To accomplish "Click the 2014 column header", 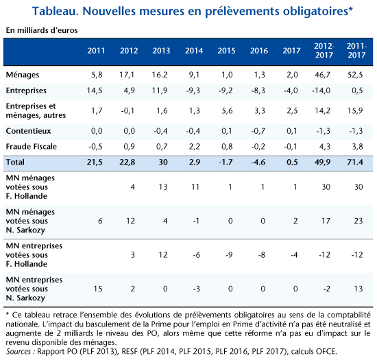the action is coord(194,51).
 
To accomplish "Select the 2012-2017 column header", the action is coord(324,51).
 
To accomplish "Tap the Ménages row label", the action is coord(23,75).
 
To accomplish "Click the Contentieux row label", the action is coord(28,131).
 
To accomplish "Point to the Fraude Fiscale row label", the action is coord(32,147).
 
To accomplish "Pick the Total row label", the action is coord(15,162).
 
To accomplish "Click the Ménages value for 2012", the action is coord(127,75).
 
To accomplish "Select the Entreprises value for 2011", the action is coord(95,91).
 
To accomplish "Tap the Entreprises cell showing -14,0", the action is coord(321,91).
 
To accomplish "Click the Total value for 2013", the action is coord(163,162).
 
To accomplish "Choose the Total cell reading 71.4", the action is coord(355,162).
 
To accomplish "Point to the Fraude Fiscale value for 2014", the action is coord(194,147).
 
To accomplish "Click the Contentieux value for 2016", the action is coord(258,131).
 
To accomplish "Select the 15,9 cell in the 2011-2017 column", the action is coord(355,110).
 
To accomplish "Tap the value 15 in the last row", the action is coord(98,289).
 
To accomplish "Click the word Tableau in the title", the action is coord(56,11).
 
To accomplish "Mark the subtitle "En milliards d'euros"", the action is coord(42,30).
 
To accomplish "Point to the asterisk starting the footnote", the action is coord(8,314).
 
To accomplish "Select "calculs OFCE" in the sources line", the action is coord(314,352).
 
